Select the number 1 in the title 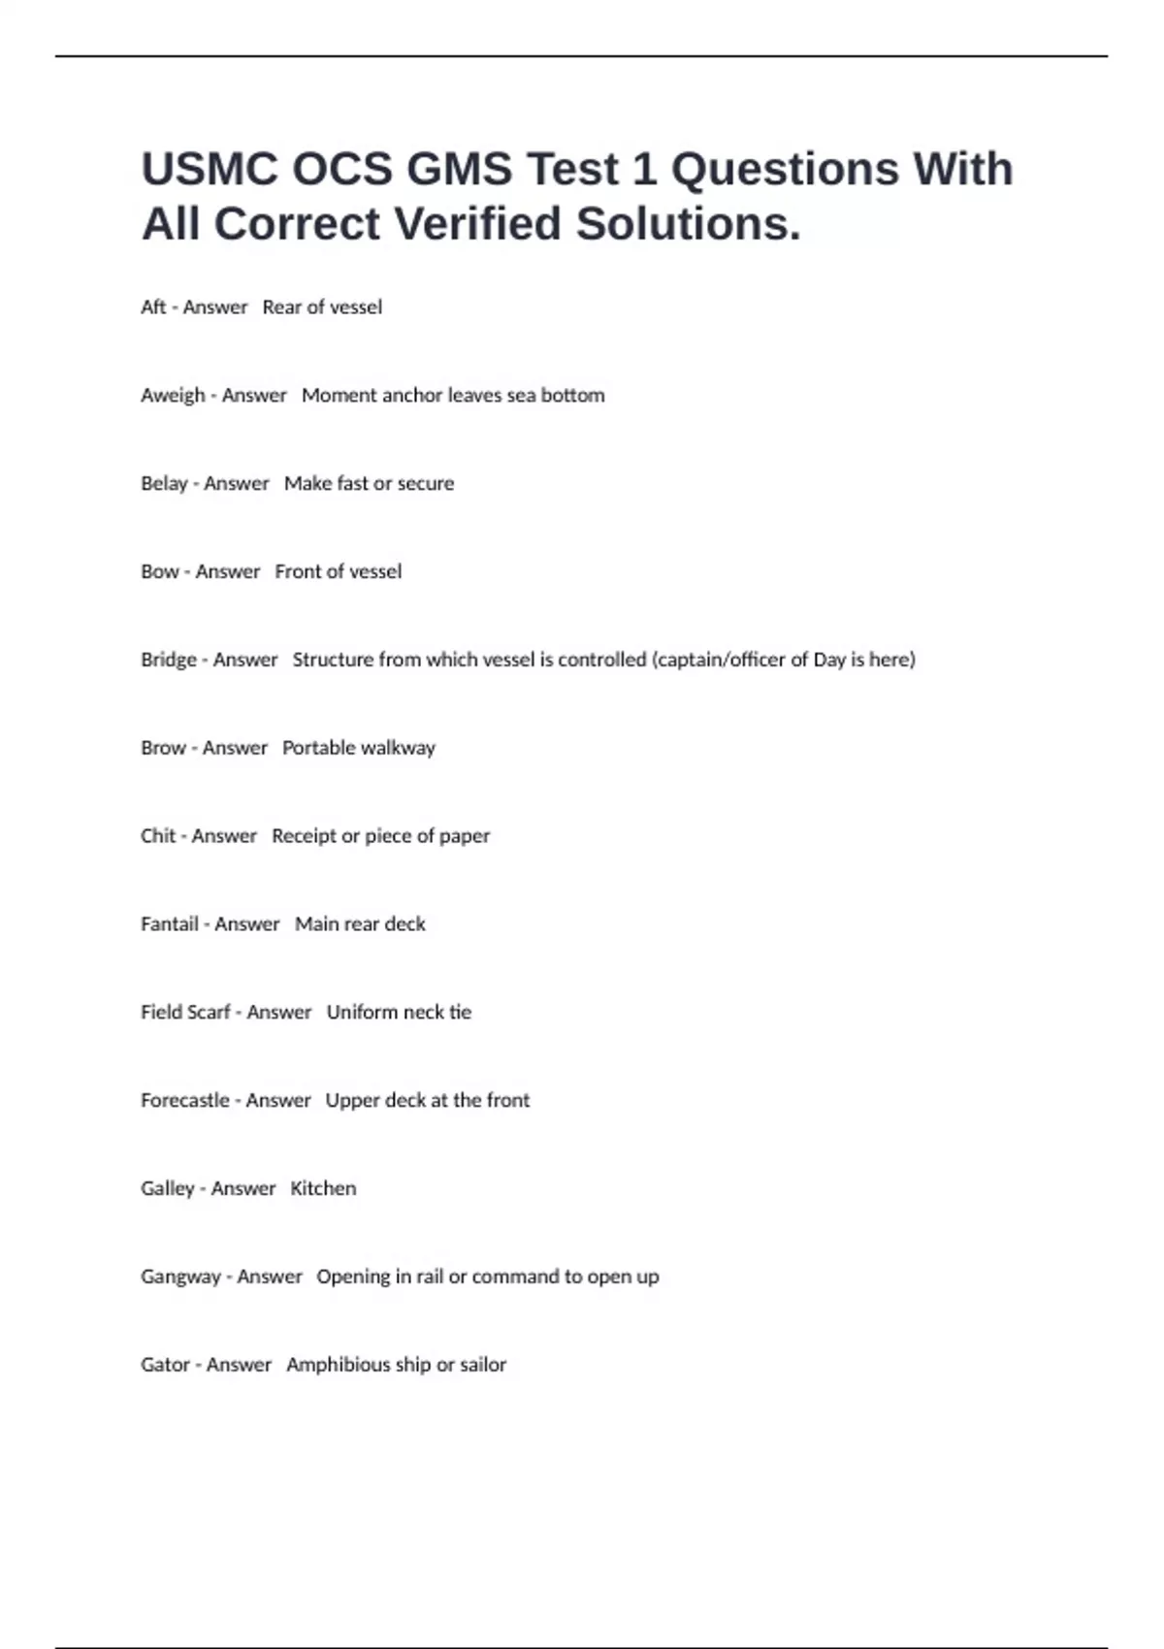[x=643, y=169]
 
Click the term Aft [x=153, y=307]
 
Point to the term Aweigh [x=173, y=396]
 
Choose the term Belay [x=164, y=483]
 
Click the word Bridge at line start [x=169, y=660]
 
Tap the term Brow [x=163, y=748]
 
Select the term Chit [x=158, y=836]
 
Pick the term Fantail [x=170, y=924]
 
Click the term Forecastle [x=185, y=1100]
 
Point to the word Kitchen [x=323, y=1188]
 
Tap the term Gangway [x=180, y=1277]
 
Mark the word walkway [x=398, y=748]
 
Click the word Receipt [x=303, y=836]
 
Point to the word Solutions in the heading [x=689, y=224]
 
